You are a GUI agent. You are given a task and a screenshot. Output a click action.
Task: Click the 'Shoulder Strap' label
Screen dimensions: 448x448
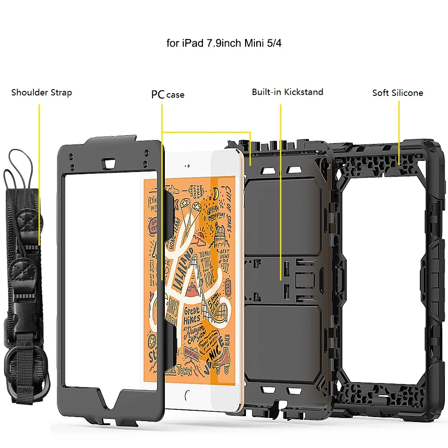41,93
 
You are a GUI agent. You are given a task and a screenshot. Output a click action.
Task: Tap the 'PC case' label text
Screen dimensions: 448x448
168,95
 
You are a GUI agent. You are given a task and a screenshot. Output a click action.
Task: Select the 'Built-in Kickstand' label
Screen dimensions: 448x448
287,92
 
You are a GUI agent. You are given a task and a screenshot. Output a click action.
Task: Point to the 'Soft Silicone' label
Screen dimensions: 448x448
397,93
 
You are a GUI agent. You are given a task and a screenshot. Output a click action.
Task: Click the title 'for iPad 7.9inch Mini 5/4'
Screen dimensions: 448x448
224,44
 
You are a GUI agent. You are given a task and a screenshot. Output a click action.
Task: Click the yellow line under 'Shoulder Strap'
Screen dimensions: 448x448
39,175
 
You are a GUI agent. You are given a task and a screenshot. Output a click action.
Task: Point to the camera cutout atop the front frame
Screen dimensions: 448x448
109,162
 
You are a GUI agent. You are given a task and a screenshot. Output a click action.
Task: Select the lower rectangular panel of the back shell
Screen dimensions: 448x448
283,340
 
